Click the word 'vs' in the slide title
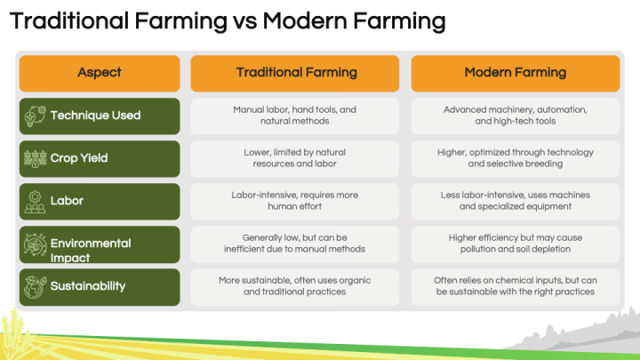(257, 19)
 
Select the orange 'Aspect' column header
(100, 72)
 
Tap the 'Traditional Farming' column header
(296, 72)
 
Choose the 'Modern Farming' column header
(516, 72)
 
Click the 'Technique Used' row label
(95, 116)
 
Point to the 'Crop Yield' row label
(79, 158)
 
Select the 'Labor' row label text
(67, 201)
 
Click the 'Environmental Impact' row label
(91, 250)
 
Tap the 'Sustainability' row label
(88, 286)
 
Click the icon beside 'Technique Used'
(35, 116)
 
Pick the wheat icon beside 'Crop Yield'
(35, 158)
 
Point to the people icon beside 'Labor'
(35, 201)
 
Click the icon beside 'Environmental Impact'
(35, 244)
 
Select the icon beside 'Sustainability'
(35, 286)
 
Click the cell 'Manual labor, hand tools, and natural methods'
(295, 116)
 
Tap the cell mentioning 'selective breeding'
(515, 158)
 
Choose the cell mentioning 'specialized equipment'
(515, 201)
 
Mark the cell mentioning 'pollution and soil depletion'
(515, 244)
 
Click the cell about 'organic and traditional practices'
(295, 286)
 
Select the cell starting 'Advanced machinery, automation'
(515, 116)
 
